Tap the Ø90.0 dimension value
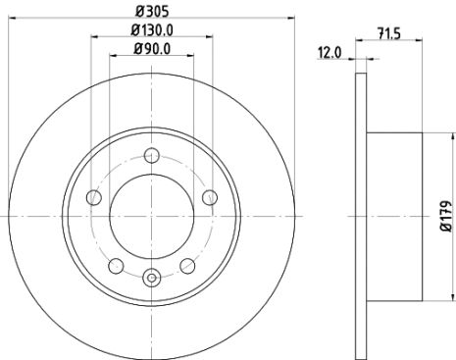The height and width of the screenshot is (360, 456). pos(152,47)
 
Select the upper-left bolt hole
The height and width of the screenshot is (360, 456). pos(93,197)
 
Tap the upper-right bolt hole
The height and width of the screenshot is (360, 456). pos(210,197)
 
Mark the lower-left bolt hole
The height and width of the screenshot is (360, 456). pos(116,265)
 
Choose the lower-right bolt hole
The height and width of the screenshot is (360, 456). pos(187,265)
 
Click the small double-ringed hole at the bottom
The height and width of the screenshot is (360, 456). pos(152,278)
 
